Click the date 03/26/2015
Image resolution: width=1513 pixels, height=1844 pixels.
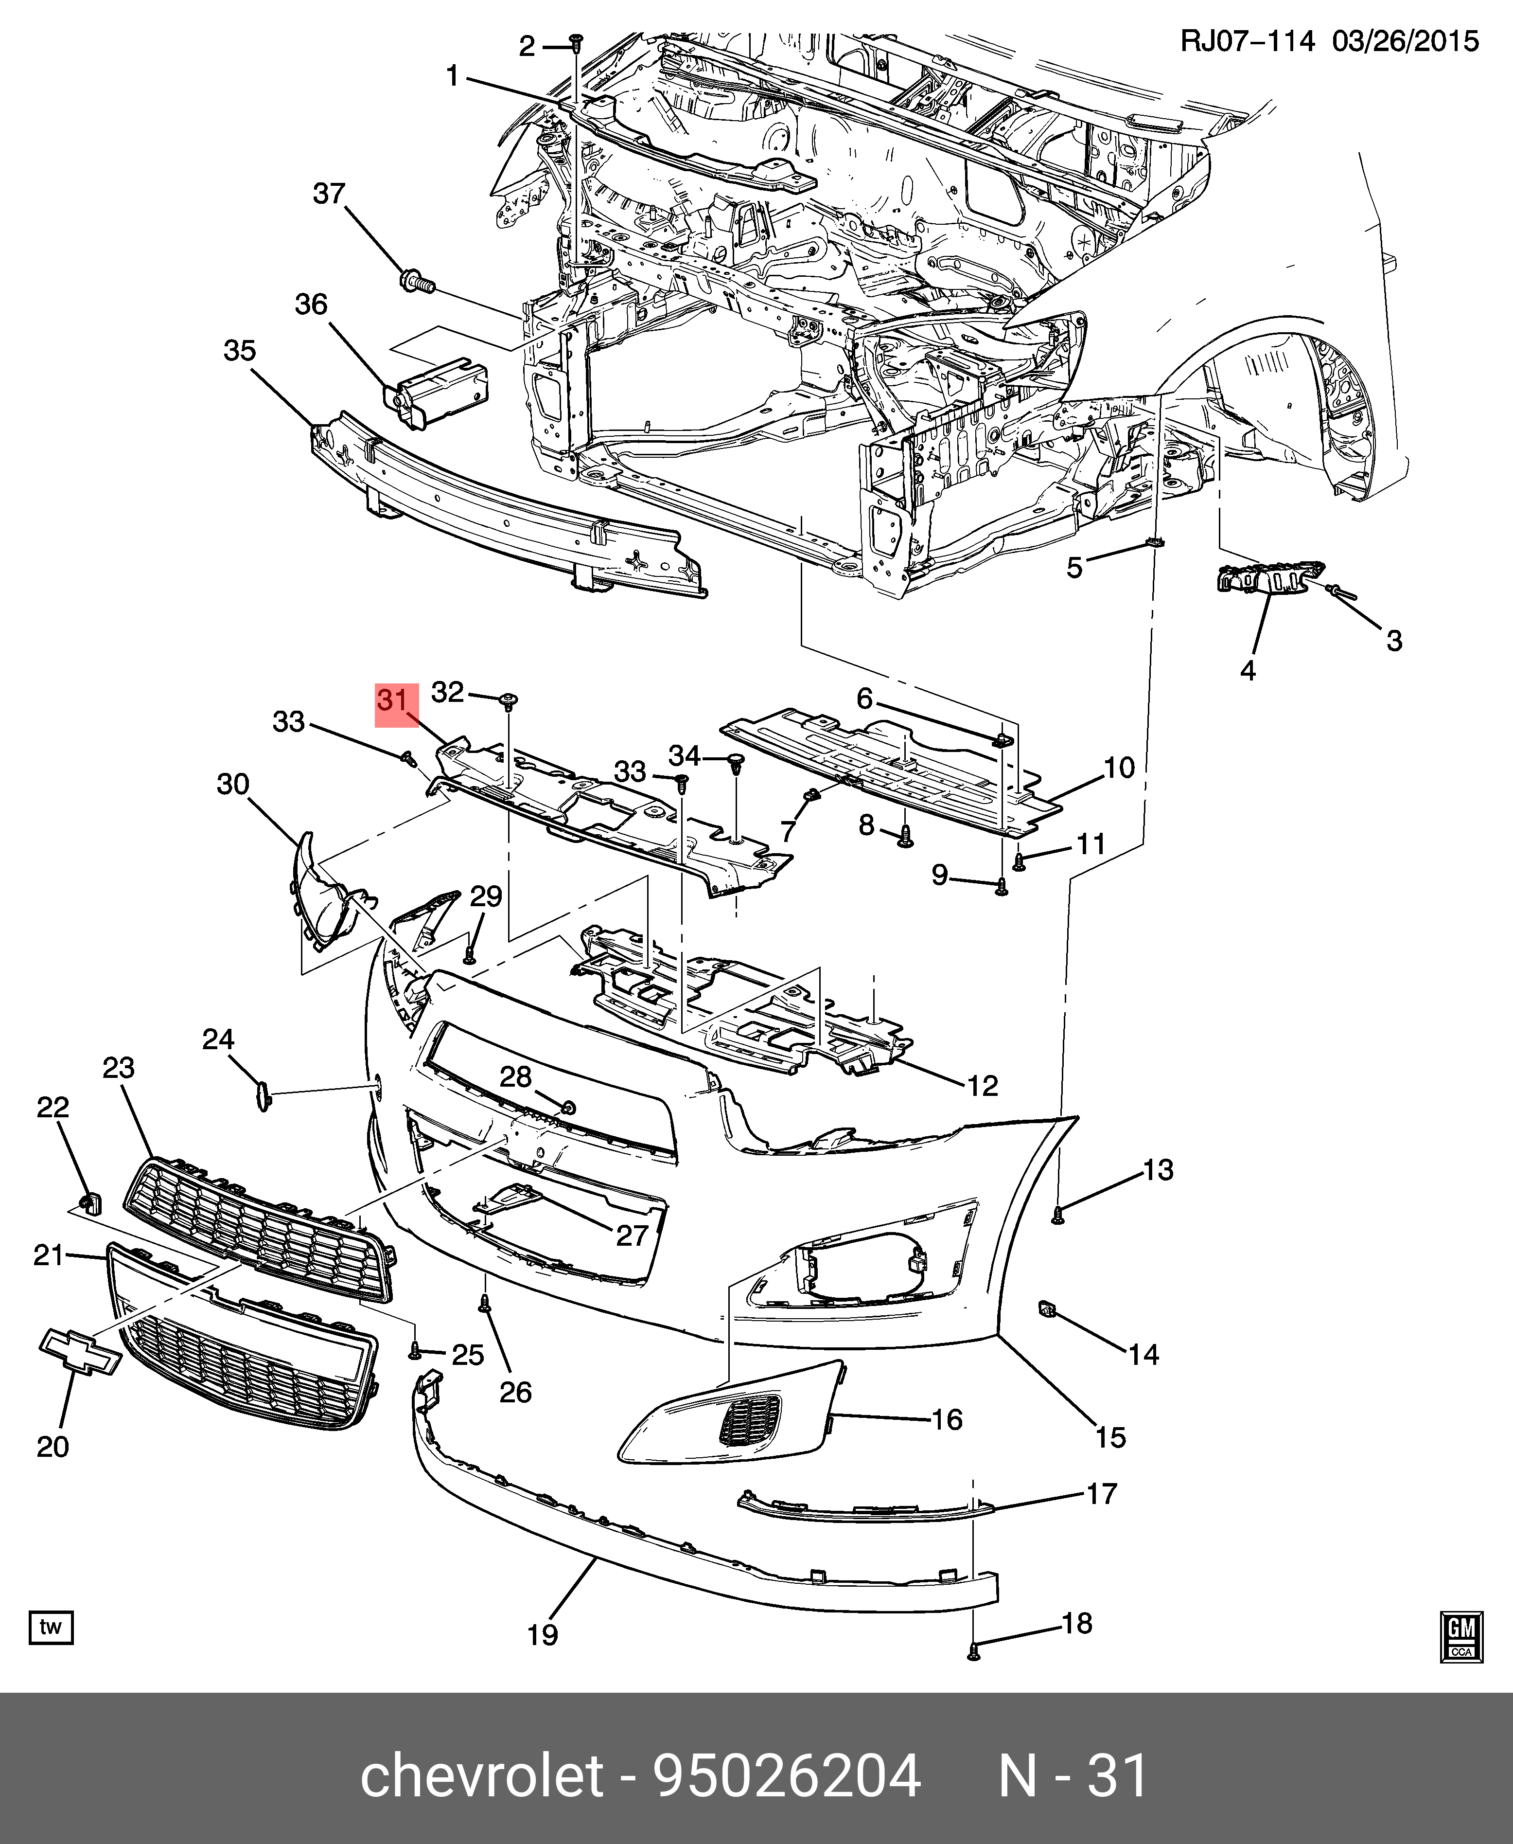pyautogui.click(x=1405, y=41)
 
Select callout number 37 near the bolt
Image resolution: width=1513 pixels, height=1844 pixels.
pyautogui.click(x=330, y=194)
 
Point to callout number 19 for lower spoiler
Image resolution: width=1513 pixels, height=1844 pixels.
pyautogui.click(x=542, y=1634)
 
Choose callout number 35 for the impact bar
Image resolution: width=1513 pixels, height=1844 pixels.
pyautogui.click(x=240, y=351)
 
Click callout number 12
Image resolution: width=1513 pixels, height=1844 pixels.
pyautogui.click(x=982, y=1086)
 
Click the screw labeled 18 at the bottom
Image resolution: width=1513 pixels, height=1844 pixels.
pyautogui.click(x=974, y=1650)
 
